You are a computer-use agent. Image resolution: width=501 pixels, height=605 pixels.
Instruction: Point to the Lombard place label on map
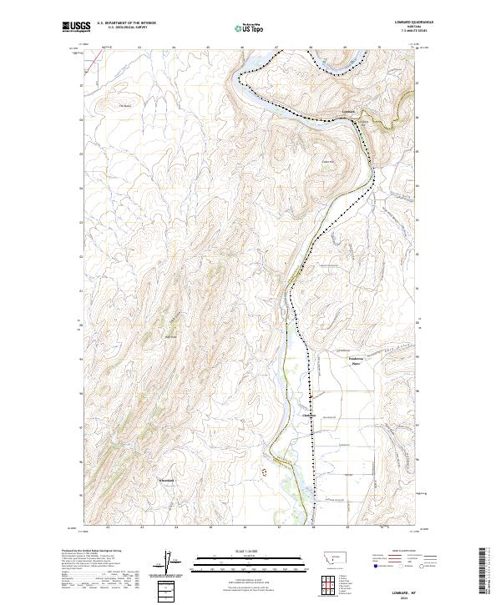pyautogui.click(x=349, y=111)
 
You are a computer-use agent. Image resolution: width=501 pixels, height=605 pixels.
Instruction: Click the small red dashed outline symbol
pyautogui.click(x=266, y=471)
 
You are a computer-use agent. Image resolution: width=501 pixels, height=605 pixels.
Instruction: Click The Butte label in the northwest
pyautogui.click(x=125, y=105)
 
